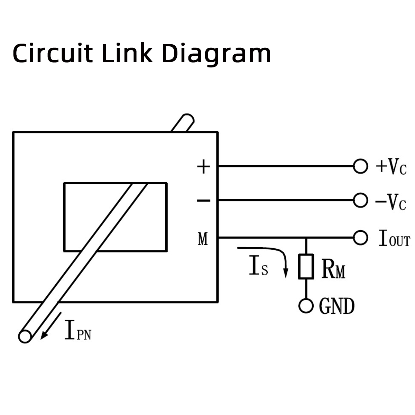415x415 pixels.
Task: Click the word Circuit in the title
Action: [x=53, y=53]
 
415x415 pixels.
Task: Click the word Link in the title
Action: [x=127, y=53]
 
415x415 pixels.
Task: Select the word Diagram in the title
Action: [x=216, y=55]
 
